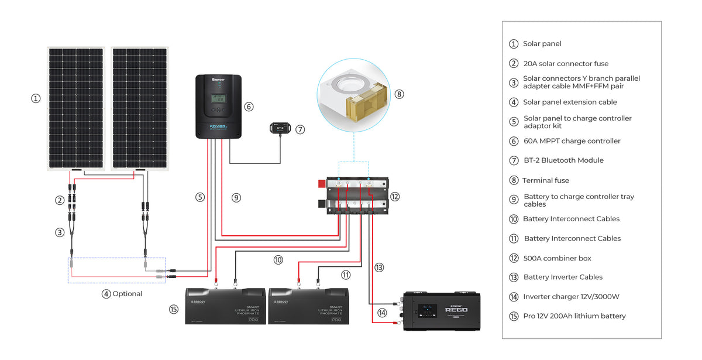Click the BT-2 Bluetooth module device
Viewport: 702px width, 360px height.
coord(280,128)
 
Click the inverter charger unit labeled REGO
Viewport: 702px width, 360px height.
coord(442,311)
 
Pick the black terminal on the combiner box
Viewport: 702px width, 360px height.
coord(322,204)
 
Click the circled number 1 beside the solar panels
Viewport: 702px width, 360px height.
coord(36,99)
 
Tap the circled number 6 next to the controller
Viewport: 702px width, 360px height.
coord(249,107)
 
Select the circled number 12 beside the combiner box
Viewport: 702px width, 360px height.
coord(395,197)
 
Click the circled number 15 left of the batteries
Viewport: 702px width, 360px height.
coord(173,309)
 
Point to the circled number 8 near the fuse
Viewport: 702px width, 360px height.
coord(400,94)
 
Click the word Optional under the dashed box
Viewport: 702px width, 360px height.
coord(127,294)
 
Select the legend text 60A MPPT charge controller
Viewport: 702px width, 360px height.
coord(572,141)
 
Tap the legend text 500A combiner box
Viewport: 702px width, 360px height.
coord(558,258)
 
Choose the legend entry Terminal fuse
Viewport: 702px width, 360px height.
coord(545,180)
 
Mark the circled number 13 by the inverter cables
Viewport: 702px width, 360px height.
coord(379,268)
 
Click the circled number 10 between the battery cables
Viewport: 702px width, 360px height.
coord(278,259)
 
